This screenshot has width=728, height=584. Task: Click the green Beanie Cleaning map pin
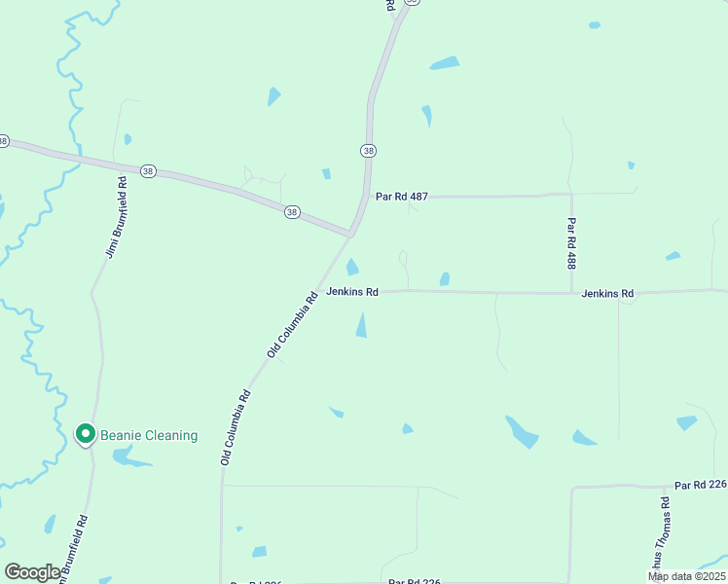pyautogui.click(x=85, y=433)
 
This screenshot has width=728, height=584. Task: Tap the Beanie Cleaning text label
pyautogui.click(x=149, y=435)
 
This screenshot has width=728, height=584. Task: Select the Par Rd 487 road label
pyautogui.click(x=402, y=197)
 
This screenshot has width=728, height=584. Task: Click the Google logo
pyautogui.click(x=32, y=571)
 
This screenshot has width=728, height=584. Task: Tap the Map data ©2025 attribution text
pyautogui.click(x=686, y=576)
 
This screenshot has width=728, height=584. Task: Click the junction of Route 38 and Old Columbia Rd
pyautogui.click(x=350, y=235)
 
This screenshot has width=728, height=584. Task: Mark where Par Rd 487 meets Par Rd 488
pyautogui.click(x=571, y=195)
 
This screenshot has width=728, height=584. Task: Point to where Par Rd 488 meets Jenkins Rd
pyautogui.click(x=571, y=292)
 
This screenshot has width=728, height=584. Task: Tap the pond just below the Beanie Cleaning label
pyautogui.click(x=131, y=456)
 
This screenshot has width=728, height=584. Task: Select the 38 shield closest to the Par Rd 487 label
pyautogui.click(x=368, y=150)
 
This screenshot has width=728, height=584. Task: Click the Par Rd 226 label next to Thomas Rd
pyautogui.click(x=700, y=485)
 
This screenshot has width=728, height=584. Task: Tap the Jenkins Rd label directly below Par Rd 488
pyautogui.click(x=607, y=293)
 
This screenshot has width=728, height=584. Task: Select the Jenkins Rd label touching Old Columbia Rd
pyautogui.click(x=351, y=291)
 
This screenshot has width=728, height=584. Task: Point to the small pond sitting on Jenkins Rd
pyautogui.click(x=445, y=279)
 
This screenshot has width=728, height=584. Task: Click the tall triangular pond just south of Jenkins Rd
pyautogui.click(x=362, y=325)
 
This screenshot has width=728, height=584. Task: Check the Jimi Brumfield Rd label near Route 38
pyautogui.click(x=116, y=217)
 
